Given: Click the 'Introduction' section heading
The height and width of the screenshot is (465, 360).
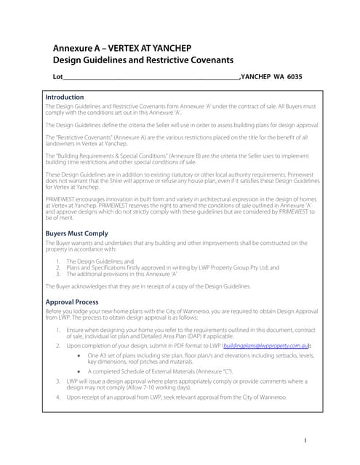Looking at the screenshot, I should (x=65, y=97).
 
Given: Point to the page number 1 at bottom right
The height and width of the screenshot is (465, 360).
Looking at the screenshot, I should (x=306, y=440).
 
